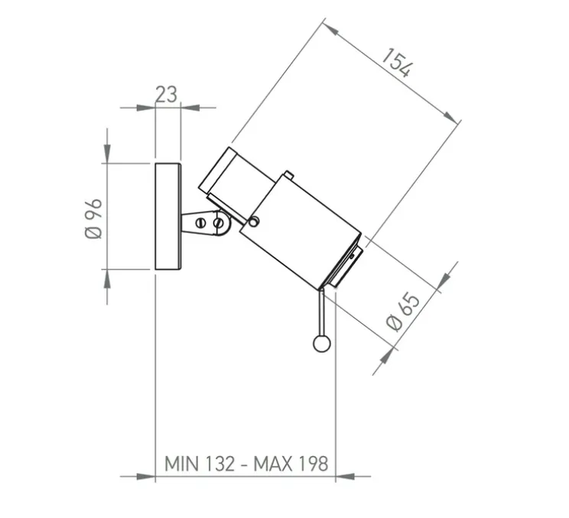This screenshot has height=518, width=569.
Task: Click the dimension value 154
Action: [x=398, y=63]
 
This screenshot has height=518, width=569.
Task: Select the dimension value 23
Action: [x=167, y=94]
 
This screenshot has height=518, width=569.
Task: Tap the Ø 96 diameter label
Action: [x=93, y=219]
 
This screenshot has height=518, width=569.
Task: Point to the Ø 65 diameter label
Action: [x=404, y=312]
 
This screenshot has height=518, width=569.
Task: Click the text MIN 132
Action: [x=200, y=464]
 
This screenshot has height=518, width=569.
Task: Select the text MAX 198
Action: [x=291, y=464]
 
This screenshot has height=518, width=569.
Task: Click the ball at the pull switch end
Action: [x=321, y=344]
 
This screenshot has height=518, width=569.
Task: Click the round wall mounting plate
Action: [x=168, y=216]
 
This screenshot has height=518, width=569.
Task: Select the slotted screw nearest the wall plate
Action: [x=200, y=222]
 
